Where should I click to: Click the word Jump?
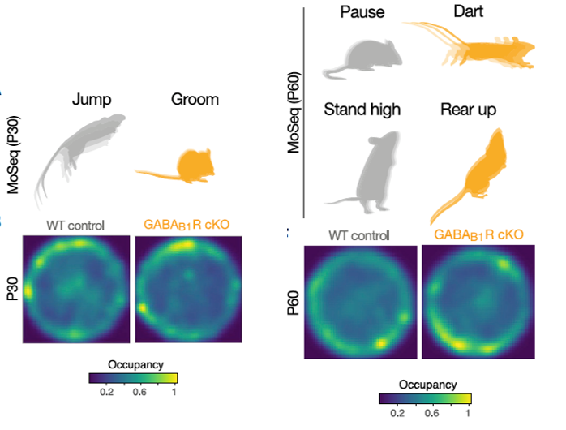tap(91, 100)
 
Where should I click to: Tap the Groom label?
tap(195, 100)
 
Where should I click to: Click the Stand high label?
tap(362, 109)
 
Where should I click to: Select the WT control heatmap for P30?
tap(75, 287)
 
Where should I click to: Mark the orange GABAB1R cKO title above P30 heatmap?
tap(187, 225)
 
